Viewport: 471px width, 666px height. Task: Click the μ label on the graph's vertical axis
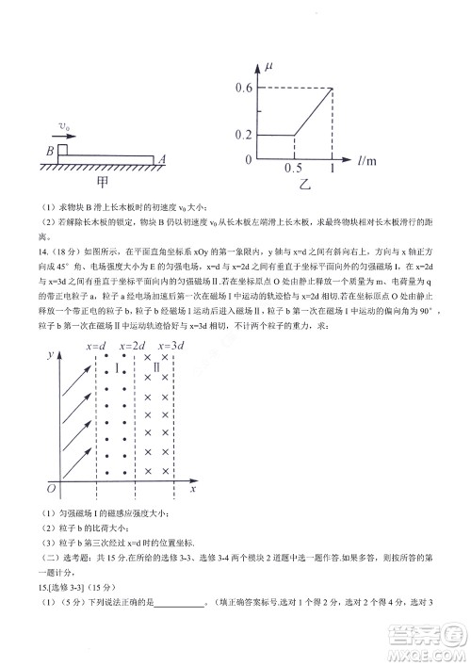pos(269,67)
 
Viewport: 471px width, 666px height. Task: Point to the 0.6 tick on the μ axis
pos(244,89)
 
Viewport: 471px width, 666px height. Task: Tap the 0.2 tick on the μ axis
pos(244,135)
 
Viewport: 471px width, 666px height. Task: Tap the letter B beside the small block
pos(49,150)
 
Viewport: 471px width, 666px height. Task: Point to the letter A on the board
pos(162,159)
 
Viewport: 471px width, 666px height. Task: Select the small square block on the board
pos(62,149)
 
